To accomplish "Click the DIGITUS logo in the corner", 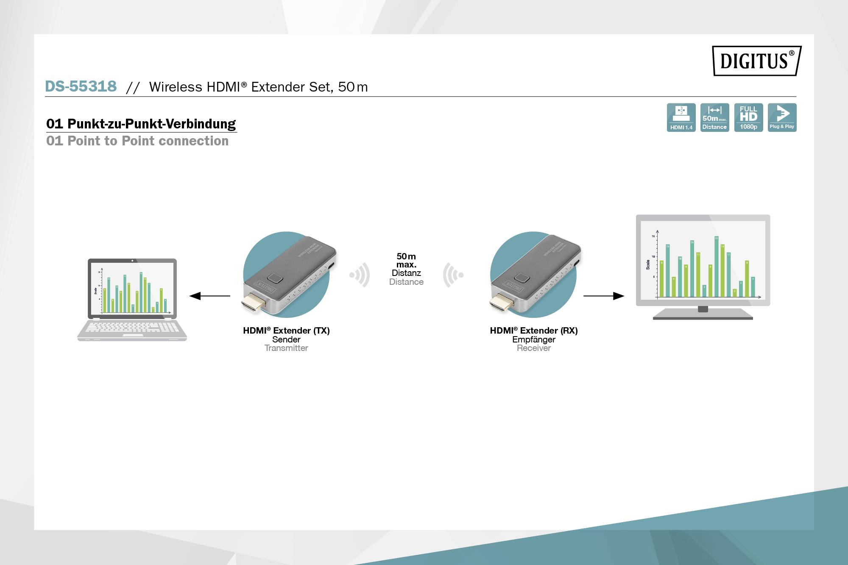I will pyautogui.click(x=756, y=61).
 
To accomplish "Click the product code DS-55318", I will pyautogui.click(x=81, y=86).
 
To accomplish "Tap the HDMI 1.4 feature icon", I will pyautogui.click(x=681, y=117).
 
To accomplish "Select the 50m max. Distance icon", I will pyautogui.click(x=714, y=117).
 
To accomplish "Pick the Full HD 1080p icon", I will pyautogui.click(x=748, y=117).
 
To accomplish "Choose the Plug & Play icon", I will pyautogui.click(x=782, y=117).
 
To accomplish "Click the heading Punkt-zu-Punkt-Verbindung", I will pyautogui.click(x=141, y=124).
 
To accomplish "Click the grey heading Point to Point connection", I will pyautogui.click(x=137, y=141).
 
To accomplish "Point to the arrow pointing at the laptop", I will pyautogui.click(x=209, y=296).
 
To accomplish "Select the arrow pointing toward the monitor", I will pyautogui.click(x=603, y=296).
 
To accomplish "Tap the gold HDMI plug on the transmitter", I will pyautogui.click(x=253, y=303).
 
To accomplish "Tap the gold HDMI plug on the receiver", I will pyautogui.click(x=501, y=303).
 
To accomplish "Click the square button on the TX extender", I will pyautogui.click(x=276, y=278).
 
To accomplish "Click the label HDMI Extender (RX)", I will pyautogui.click(x=533, y=331).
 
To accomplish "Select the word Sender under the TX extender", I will pyautogui.click(x=286, y=340).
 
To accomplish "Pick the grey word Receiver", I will pyautogui.click(x=533, y=348).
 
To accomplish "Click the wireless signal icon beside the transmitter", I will pyautogui.click(x=360, y=275).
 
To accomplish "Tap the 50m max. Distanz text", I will pyautogui.click(x=406, y=264).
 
